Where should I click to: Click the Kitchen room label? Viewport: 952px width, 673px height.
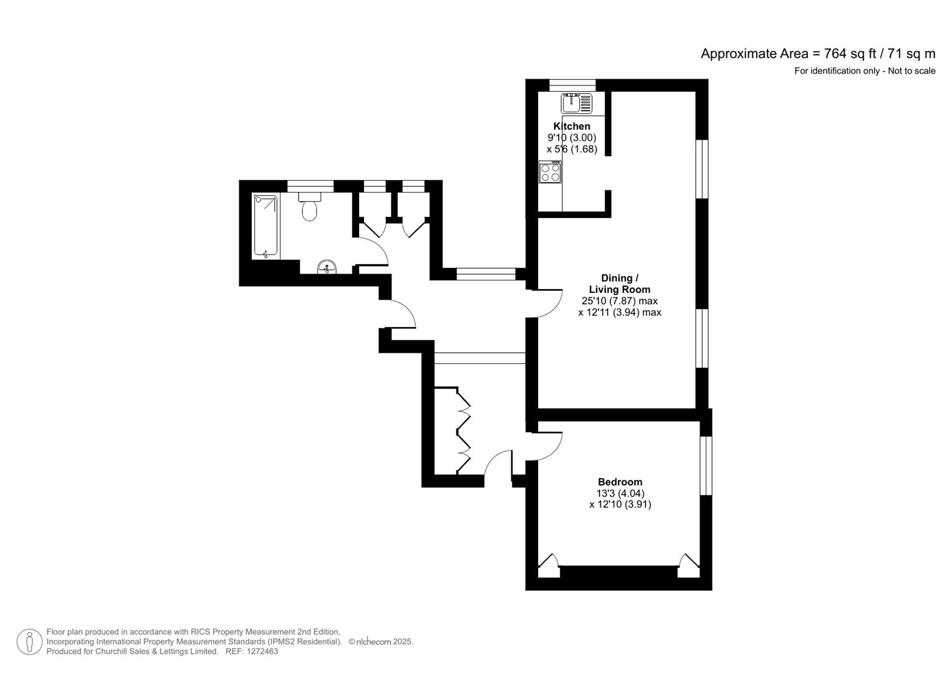pos(571,126)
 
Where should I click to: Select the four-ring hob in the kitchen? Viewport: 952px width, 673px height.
pos(550,172)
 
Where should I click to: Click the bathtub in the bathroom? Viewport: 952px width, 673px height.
pos(266,226)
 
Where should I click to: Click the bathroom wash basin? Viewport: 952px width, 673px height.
pos(327,267)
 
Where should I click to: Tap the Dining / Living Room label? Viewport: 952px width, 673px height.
pos(619,284)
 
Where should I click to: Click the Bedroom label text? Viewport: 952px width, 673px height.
pos(620,482)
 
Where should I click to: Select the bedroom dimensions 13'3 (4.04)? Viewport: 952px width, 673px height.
pos(620,493)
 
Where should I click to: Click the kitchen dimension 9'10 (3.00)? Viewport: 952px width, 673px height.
pos(572,138)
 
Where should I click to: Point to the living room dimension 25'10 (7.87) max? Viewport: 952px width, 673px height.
pos(619,301)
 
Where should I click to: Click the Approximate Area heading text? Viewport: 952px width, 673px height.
pos(817,54)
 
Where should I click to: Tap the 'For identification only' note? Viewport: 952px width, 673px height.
pos(864,71)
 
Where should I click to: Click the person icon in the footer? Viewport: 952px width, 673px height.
pos(29,642)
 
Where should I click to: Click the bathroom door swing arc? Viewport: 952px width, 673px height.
pos(374,249)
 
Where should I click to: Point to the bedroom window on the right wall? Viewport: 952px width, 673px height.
pos(705,465)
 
